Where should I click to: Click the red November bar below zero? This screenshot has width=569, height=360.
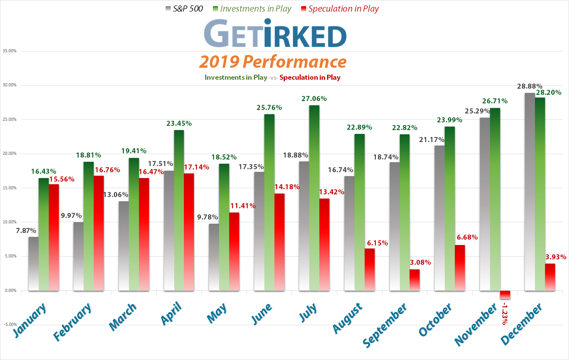click(x=505, y=295)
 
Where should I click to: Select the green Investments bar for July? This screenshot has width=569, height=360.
click(x=314, y=197)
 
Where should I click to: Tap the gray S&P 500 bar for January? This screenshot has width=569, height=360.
click(x=34, y=263)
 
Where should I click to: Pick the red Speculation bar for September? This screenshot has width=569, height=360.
click(x=415, y=280)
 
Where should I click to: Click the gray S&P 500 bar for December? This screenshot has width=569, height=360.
click(x=530, y=192)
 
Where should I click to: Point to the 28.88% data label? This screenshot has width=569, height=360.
click(x=530, y=86)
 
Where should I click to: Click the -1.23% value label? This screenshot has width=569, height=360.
click(x=504, y=314)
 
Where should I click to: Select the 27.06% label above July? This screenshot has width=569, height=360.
click(x=314, y=99)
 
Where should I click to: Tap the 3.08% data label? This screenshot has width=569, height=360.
click(x=420, y=262)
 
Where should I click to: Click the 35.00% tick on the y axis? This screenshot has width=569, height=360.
click(x=10, y=51)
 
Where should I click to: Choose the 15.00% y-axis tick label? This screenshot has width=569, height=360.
click(x=10, y=188)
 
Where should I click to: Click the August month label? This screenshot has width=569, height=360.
click(x=348, y=319)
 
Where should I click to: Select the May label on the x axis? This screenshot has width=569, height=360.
click(x=216, y=314)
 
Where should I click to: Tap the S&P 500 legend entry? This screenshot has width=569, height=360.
click(x=184, y=9)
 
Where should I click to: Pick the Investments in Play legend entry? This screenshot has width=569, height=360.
click(x=252, y=9)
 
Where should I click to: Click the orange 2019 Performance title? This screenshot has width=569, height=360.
click(x=273, y=62)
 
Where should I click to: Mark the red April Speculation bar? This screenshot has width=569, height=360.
click(x=189, y=232)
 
